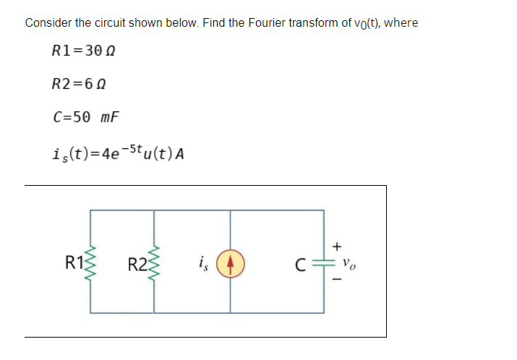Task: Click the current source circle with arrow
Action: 231,262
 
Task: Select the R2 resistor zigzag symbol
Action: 154,262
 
